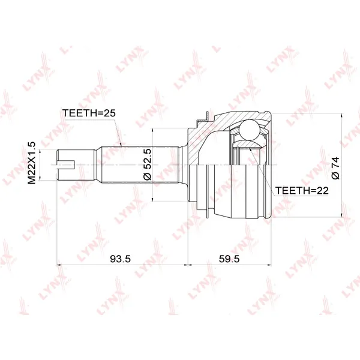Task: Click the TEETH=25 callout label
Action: (89, 113)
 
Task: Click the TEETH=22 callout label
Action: (302, 190)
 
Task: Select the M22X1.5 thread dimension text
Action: (32, 163)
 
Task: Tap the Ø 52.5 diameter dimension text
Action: (147, 164)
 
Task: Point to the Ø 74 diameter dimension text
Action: (335, 168)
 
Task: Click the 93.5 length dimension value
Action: (120, 259)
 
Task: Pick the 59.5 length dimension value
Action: (229, 259)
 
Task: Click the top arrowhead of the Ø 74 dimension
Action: (342, 116)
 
